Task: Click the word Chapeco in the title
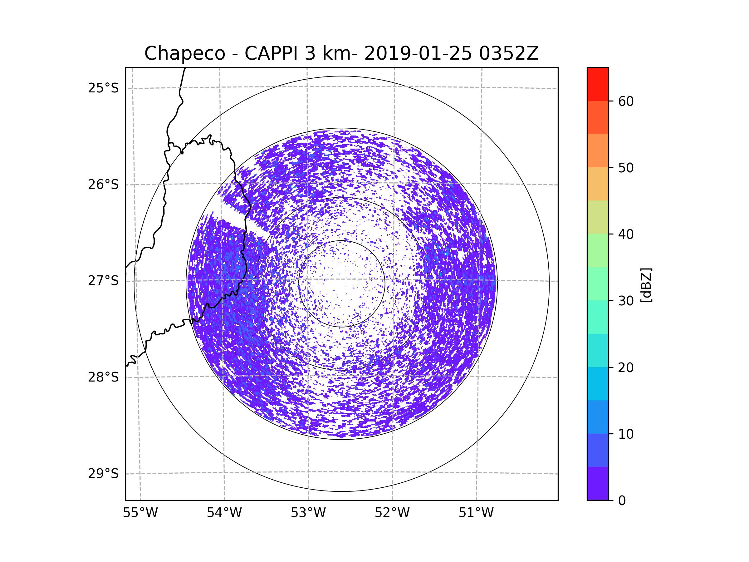click(x=184, y=53)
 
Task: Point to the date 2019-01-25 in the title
click(x=418, y=53)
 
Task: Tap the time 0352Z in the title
click(x=508, y=53)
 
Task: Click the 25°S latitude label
click(x=103, y=88)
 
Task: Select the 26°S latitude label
click(x=103, y=185)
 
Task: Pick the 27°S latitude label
click(x=103, y=281)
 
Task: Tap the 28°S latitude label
click(x=103, y=377)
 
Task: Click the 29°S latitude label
click(x=103, y=474)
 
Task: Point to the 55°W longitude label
click(x=140, y=513)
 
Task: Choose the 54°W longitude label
click(x=224, y=513)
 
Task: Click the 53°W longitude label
click(x=308, y=513)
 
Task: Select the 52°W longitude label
click(x=392, y=513)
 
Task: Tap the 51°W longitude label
click(x=476, y=513)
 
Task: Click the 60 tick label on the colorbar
click(x=626, y=101)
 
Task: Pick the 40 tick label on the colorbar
click(x=626, y=234)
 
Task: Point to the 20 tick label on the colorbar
click(x=626, y=367)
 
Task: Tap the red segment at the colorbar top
click(x=598, y=84)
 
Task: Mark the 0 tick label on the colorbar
click(x=622, y=501)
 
